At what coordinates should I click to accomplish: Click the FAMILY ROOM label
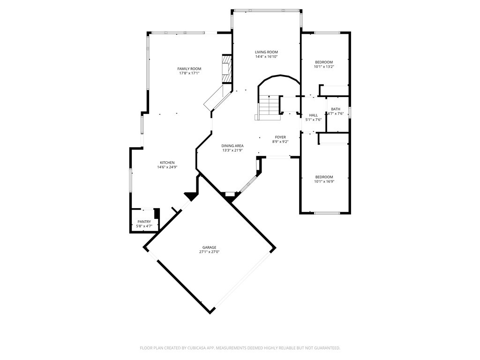[x=189, y=69]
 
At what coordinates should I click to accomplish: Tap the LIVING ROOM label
[x=266, y=52]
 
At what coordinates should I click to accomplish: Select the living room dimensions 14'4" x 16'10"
[x=266, y=57]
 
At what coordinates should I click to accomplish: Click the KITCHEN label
[x=166, y=163]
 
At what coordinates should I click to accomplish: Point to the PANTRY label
[x=144, y=222]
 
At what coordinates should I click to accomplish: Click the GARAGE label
[x=209, y=247]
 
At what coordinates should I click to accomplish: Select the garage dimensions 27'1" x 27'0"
[x=209, y=252]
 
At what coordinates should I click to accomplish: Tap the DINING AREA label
[x=232, y=146]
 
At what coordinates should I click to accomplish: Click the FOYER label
[x=280, y=137]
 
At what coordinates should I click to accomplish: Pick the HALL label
[x=313, y=115]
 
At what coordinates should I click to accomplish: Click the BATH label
[x=336, y=109]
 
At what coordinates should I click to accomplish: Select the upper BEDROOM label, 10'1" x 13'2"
[x=324, y=62]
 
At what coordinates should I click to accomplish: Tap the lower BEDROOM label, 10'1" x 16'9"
[x=324, y=177]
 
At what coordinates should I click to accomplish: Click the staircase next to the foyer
[x=268, y=106]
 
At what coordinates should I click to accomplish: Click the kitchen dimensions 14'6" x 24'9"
[x=166, y=167]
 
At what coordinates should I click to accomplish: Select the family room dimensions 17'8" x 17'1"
[x=189, y=74]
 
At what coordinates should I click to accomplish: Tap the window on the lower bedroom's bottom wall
[x=327, y=213]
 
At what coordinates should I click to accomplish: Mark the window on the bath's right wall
[x=350, y=112]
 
